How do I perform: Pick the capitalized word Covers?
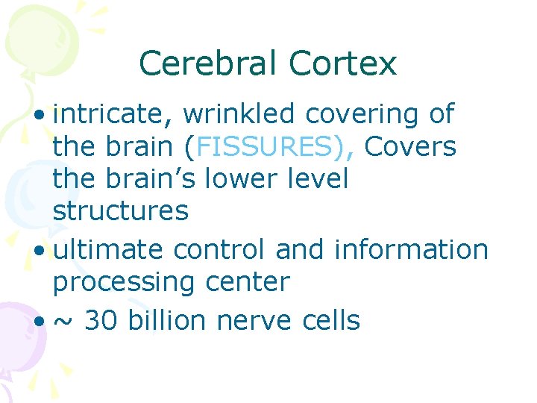pyautogui.click(x=409, y=147)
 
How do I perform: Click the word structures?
pyautogui.click(x=120, y=212)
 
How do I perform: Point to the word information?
pyautogui.click(x=411, y=249)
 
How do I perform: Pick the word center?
pyautogui.click(x=252, y=282)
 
